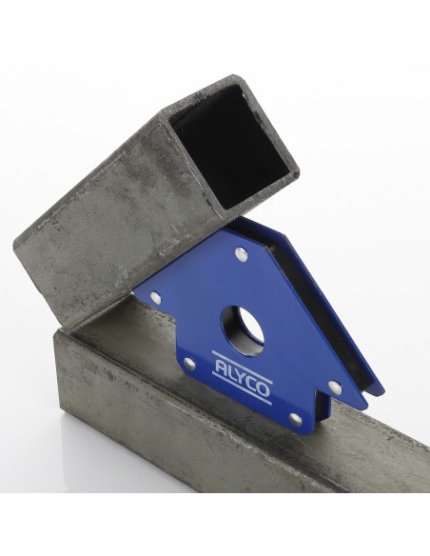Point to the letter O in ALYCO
263,390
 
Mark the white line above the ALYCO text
242,367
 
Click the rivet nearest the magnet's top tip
242,254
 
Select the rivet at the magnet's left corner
155,297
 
